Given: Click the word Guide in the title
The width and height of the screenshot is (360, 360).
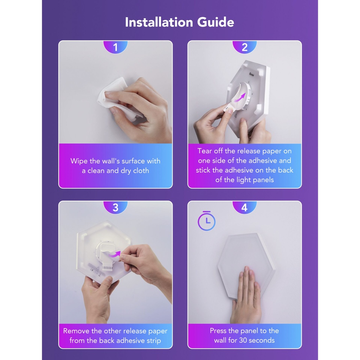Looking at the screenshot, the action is pos(216,22).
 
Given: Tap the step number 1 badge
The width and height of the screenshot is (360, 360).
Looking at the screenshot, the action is pos(115,47).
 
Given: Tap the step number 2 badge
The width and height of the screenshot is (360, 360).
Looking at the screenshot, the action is pos(245,47).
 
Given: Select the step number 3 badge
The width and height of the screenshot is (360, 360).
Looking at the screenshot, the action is pos(115,207).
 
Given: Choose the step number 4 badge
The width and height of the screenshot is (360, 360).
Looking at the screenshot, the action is pos(245,207).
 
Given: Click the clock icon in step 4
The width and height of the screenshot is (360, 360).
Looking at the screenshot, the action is pos(207,221).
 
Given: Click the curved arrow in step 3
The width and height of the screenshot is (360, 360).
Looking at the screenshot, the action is pos(114,255).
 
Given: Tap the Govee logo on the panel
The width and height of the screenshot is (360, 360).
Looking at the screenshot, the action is pos(252,74).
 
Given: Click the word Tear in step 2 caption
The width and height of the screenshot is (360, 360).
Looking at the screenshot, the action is pos(205,151).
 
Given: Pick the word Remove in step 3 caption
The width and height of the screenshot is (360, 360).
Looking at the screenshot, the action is pos(76,331).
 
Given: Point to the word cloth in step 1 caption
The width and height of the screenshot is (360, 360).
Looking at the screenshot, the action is pos(141,171).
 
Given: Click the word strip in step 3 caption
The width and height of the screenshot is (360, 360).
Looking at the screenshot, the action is pos(154,341).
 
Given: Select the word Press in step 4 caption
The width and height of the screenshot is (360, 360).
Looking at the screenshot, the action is pos(218,330).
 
